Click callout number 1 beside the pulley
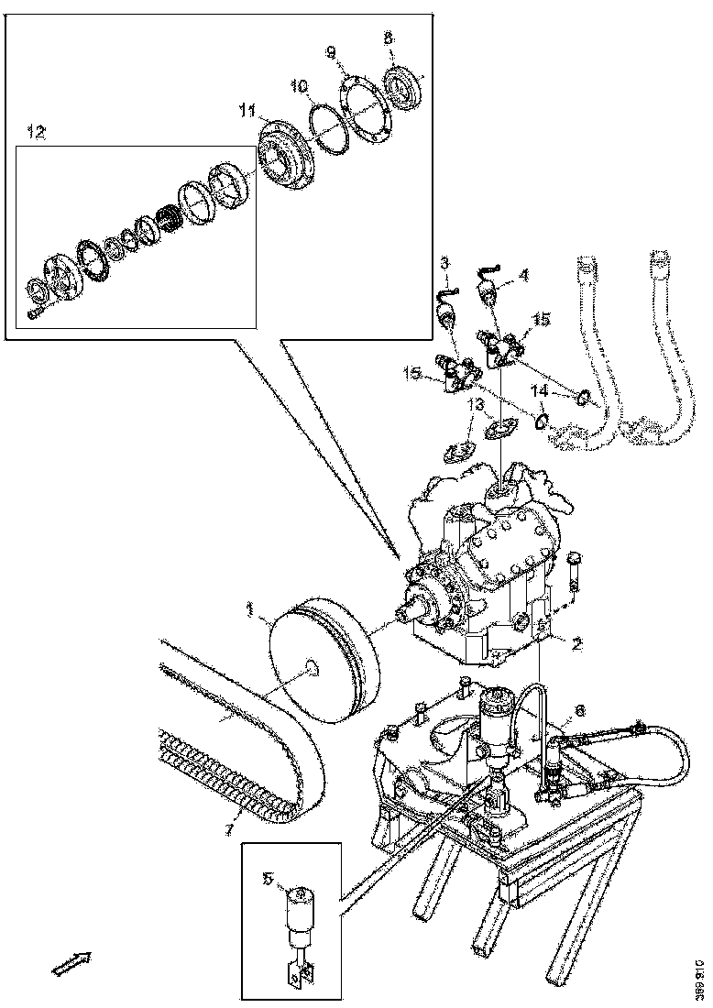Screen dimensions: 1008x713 (248, 608)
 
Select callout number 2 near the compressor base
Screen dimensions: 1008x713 (576, 644)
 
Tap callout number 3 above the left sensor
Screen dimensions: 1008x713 (444, 264)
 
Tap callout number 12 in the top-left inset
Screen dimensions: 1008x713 (36, 133)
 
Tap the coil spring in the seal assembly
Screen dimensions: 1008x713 (168, 222)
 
